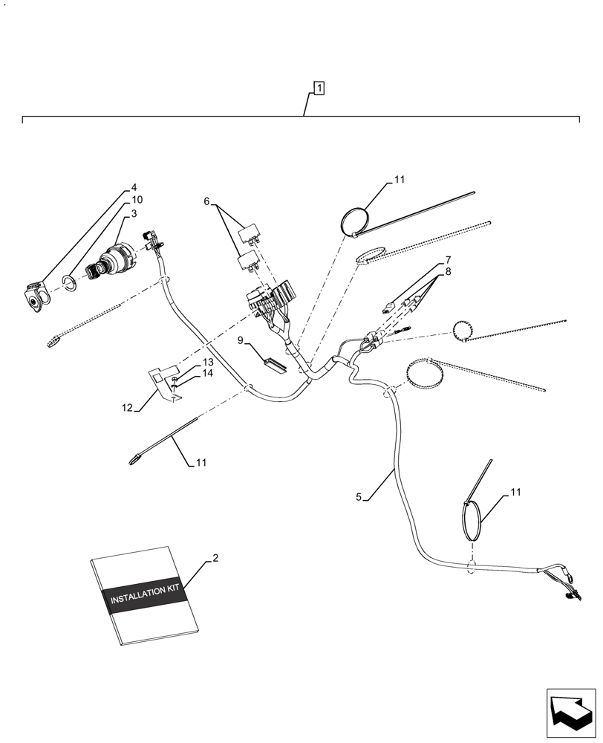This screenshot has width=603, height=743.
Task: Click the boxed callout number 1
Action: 318,89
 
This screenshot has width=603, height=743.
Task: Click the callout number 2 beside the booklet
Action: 215,557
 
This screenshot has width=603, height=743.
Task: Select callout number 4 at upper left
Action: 134,187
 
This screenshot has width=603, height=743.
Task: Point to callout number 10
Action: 137,201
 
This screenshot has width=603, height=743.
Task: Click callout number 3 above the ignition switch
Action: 134,214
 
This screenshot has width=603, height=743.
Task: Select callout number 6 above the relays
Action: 207,201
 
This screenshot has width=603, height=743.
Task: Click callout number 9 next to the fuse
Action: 241,340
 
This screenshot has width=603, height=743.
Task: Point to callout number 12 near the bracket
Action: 128,407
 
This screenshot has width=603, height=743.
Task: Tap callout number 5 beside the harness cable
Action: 359,497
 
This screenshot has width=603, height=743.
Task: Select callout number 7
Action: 449,260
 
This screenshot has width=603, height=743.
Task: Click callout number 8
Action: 449,272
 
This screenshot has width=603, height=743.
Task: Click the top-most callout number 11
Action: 400,180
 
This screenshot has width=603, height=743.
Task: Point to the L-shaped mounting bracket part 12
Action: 163,378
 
